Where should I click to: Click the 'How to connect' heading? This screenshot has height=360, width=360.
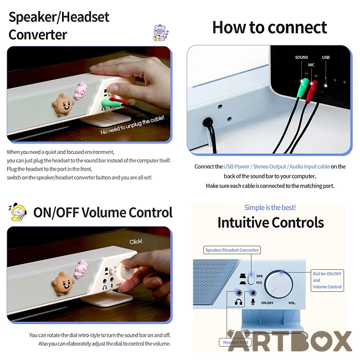coord(270,27)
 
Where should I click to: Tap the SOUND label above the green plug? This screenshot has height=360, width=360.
coord(301,57)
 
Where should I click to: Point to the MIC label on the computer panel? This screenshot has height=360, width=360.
coord(311,65)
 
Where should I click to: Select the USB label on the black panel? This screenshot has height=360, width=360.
coord(326,57)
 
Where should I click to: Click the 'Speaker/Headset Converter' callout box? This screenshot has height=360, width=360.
coord(232,250)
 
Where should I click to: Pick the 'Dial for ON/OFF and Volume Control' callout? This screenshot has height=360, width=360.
coord(327,280)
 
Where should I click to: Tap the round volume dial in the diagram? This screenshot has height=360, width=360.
coord(279,285)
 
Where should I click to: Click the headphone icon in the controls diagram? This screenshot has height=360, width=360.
coord(239,302)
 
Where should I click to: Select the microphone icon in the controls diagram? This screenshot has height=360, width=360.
coord(253,302)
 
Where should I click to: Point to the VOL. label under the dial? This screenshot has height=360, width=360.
coord(292,303)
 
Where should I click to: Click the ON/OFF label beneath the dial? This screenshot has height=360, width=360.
coord(268,303)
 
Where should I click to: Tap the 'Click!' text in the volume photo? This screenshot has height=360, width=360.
coord(136,241)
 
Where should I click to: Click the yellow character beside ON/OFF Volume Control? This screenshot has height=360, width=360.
coord(18,212)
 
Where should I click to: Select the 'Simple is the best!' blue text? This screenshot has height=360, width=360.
coord(270,208)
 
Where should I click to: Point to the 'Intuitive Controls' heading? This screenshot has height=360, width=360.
coord(271,223)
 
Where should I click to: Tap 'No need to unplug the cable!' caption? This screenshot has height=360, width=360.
coord(132,125)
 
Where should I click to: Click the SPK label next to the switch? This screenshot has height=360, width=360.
coord(259,276)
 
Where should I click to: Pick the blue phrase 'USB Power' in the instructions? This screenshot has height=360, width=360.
coord(236,167)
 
